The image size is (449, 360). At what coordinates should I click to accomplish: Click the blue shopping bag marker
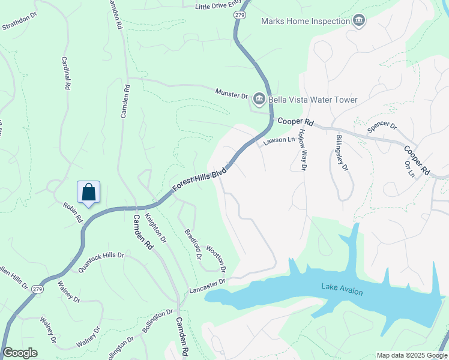pos(88,193)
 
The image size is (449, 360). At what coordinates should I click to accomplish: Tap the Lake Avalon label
pos(342,289)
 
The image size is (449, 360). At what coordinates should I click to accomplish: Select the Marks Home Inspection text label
pos(305,22)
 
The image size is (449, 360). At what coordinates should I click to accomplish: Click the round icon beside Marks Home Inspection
pos(359,22)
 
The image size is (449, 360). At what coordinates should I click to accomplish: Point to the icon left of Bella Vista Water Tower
pos(259,99)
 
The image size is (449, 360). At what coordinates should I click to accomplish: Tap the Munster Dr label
pos(232,94)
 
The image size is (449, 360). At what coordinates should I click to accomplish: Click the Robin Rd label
pos(73,212)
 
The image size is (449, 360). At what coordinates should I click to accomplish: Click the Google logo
pos(20,353)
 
